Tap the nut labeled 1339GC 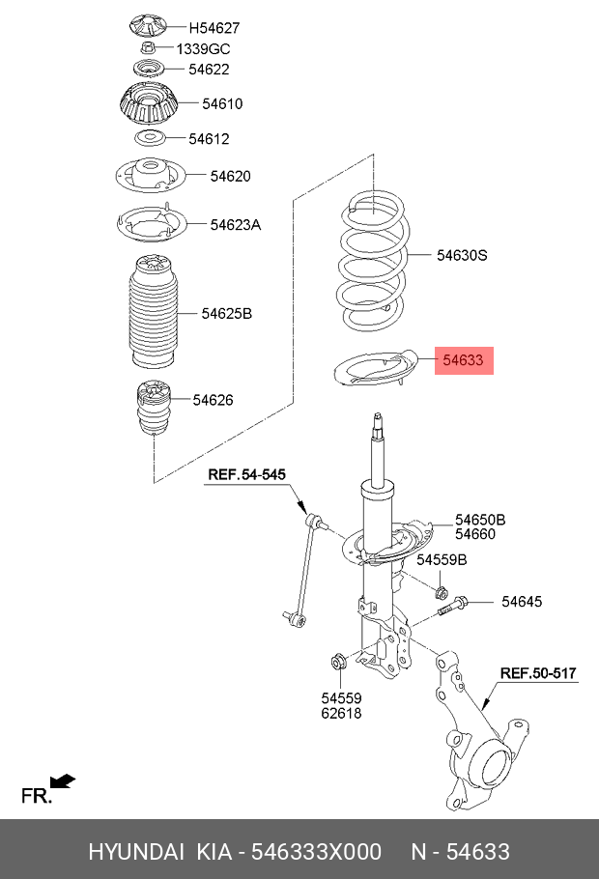click(x=147, y=47)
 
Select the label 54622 click(x=209, y=70)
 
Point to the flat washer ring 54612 click(x=147, y=138)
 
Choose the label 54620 click(x=230, y=176)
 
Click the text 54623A click(x=236, y=224)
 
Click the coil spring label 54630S click(x=462, y=256)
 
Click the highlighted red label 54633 click(x=464, y=361)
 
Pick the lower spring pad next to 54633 click(x=373, y=372)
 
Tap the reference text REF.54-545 click(x=246, y=474)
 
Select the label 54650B click(x=480, y=520)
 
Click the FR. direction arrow click(x=63, y=781)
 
